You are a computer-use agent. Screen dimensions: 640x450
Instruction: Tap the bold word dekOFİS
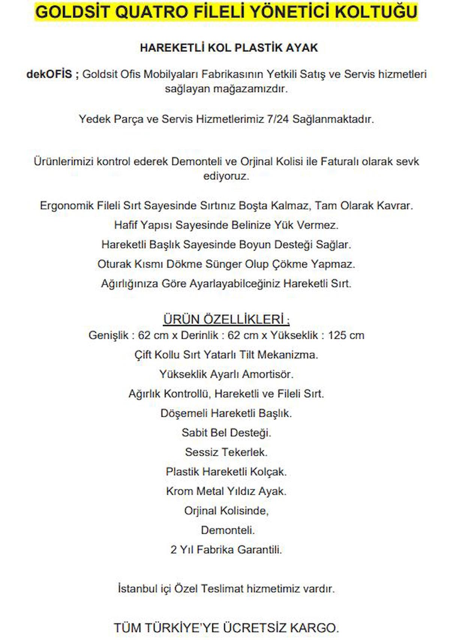49,74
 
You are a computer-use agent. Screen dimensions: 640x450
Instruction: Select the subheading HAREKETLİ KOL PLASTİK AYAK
229,48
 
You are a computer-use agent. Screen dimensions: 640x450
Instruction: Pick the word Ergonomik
66,206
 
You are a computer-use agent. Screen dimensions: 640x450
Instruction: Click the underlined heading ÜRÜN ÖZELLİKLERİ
226,319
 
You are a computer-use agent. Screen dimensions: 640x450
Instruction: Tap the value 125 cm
346,335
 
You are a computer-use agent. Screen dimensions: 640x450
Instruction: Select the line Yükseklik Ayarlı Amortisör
226,374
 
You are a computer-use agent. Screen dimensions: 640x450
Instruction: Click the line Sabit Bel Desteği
226,433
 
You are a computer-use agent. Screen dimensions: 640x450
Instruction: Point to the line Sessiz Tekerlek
226,452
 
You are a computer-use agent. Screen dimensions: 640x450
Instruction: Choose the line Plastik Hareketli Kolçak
226,472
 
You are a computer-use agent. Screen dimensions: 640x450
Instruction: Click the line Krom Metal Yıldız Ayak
226,491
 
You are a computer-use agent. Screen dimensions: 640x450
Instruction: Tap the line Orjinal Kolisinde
226,511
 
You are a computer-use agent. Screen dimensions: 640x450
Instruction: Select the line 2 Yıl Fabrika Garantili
226,550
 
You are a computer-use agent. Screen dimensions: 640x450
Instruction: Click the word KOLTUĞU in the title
376,12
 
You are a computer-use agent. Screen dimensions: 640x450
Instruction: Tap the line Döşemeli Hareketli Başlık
226,413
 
